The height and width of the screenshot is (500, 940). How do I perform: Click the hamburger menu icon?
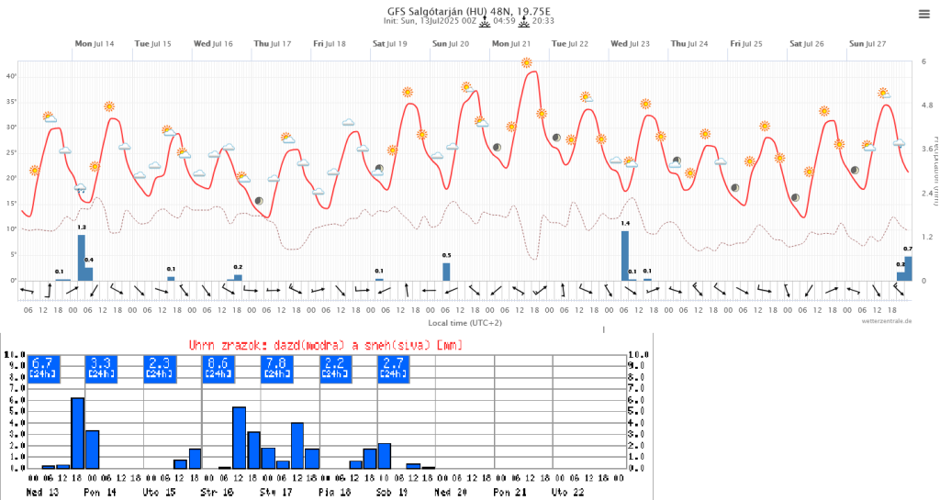(923, 14)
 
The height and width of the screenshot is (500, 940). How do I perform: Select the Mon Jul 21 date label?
(510, 44)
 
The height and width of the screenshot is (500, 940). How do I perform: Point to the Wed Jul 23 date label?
(630, 44)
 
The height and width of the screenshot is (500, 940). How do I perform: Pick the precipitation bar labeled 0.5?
(446, 272)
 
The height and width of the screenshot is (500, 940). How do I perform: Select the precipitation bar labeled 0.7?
(908, 268)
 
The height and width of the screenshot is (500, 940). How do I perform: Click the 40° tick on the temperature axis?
(12, 76)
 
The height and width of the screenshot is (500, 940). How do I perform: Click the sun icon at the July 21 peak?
(526, 63)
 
